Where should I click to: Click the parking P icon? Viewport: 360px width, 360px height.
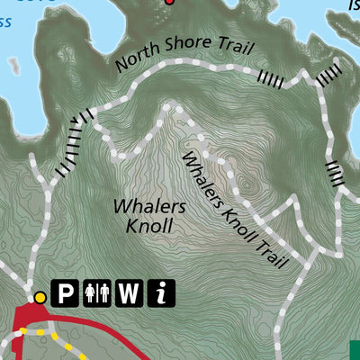click(67, 292)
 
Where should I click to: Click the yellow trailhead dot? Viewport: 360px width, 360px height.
click(40, 297)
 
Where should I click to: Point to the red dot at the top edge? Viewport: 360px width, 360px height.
click(168, 2)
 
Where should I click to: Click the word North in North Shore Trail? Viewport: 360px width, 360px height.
click(136, 59)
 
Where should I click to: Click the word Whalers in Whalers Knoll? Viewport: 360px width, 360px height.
click(149, 206)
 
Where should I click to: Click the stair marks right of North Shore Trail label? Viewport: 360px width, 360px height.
click(270, 79)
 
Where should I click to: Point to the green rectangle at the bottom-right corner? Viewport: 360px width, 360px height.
click(354, 350)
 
